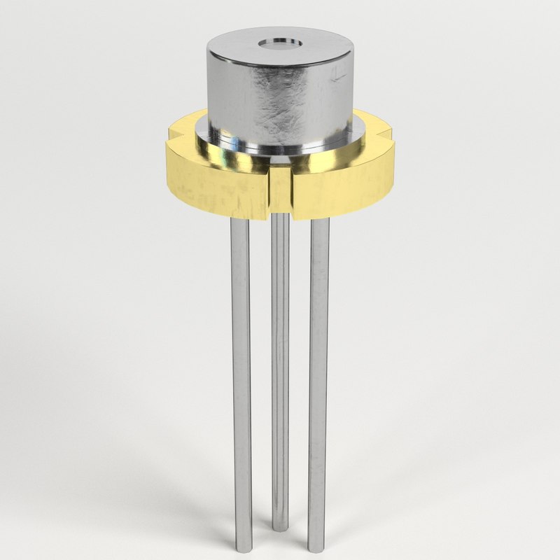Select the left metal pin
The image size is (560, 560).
(x=241, y=364)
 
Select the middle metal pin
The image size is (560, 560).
(x=280, y=364)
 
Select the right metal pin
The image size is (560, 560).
(x=319, y=364)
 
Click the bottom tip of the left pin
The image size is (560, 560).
(x=243, y=545)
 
